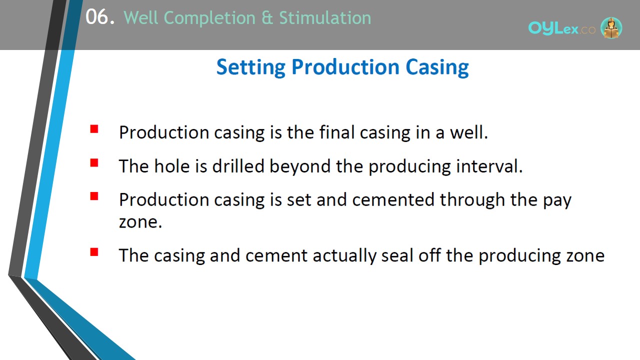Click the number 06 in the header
97,17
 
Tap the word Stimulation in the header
325,17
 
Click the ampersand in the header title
267,17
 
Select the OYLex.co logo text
561,28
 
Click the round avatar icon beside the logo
611,27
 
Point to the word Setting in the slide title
251,67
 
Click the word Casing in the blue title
437,67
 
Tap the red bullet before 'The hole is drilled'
94,162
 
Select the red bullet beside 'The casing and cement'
94,251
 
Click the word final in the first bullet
337,132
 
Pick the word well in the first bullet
469,132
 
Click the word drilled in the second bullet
238,166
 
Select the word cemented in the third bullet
393,199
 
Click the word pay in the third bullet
557,200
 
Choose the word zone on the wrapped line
140,222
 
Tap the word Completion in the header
209,18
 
